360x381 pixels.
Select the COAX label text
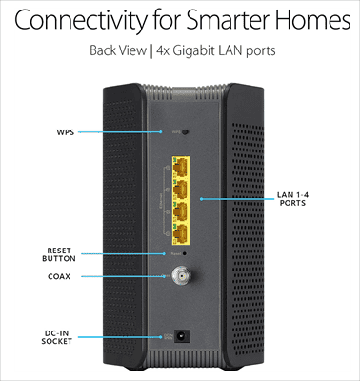pyautogui.click(x=60, y=277)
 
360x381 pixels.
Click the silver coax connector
pyautogui.click(x=179, y=278)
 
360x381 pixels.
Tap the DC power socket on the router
pyautogui.click(x=181, y=335)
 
